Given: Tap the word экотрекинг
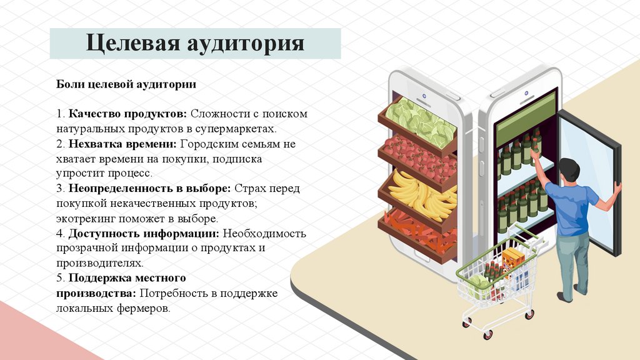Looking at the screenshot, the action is click(x=87, y=219).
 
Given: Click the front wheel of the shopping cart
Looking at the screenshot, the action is click(x=487, y=335).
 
